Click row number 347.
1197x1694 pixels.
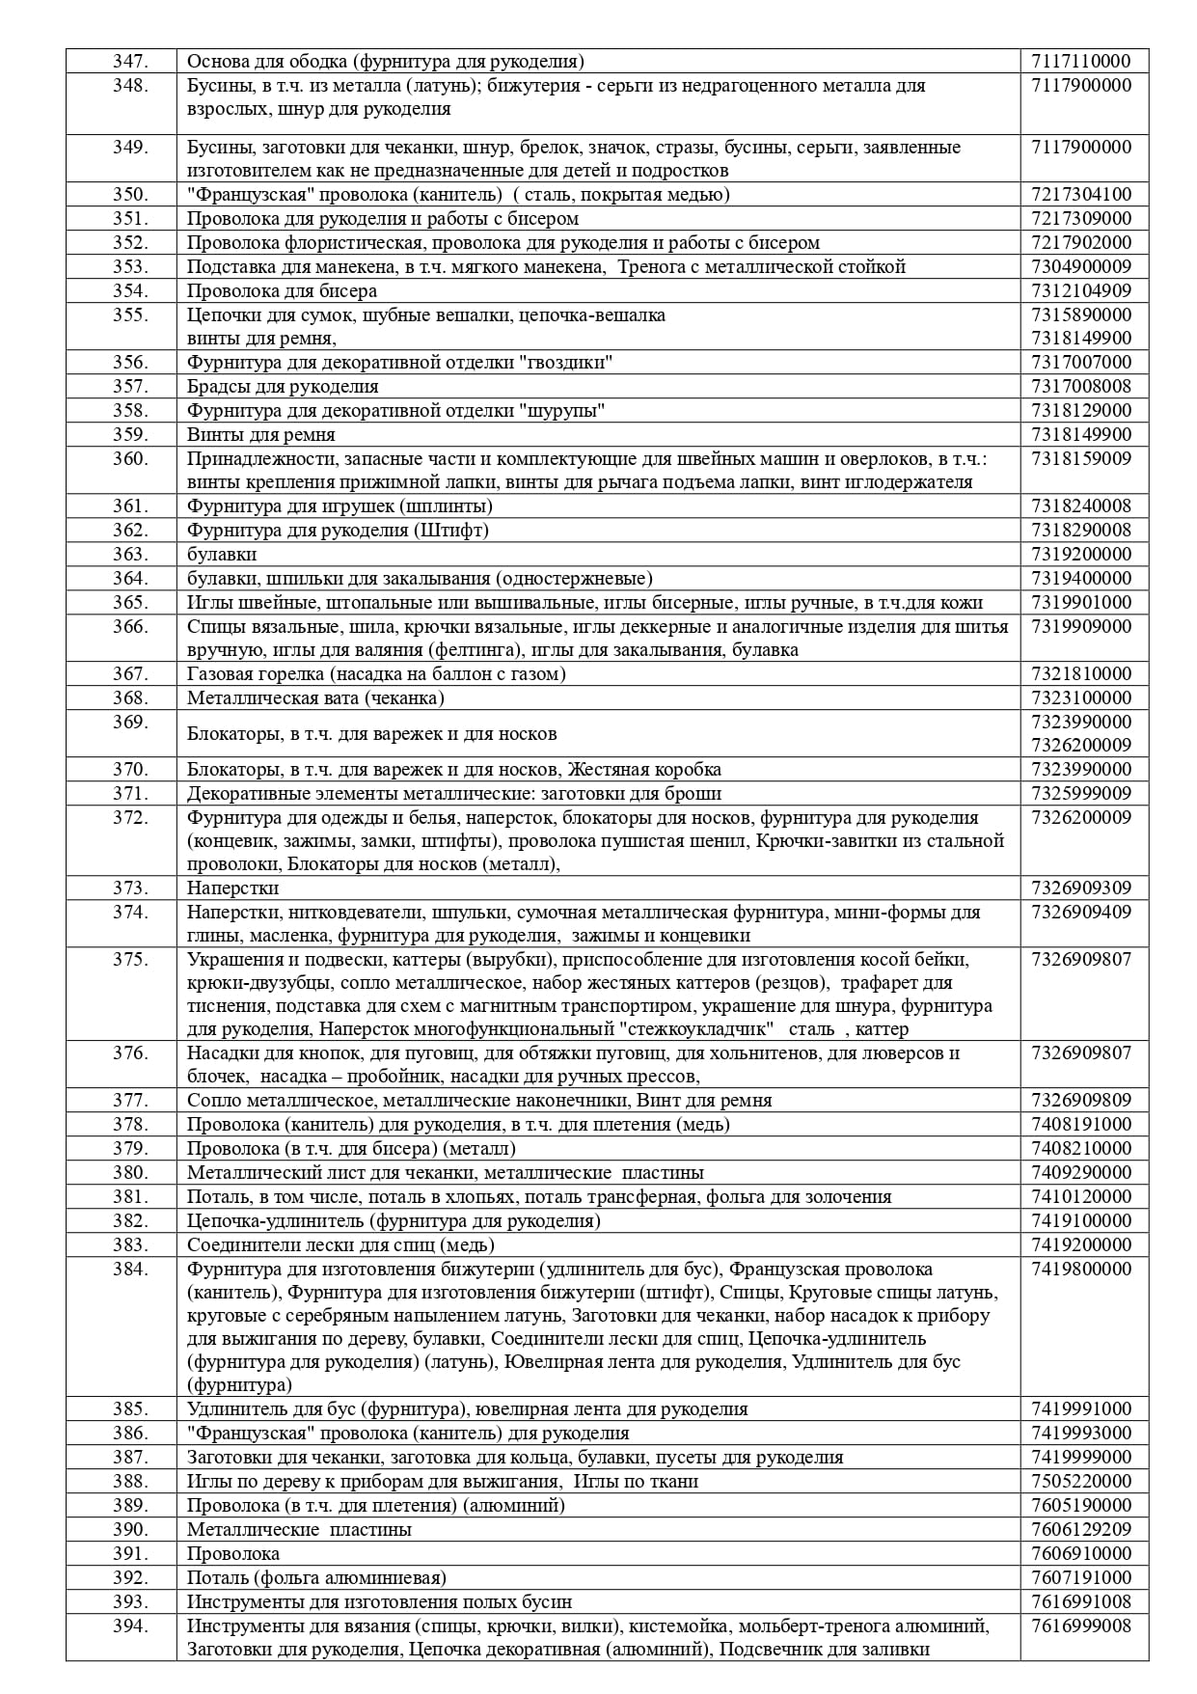click(x=130, y=62)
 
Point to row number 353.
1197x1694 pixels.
click(x=130, y=267)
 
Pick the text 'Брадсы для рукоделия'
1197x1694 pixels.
click(x=283, y=387)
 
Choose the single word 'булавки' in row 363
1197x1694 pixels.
click(x=222, y=555)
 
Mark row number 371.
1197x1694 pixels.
click(x=130, y=794)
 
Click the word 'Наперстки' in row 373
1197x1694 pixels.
click(x=232, y=888)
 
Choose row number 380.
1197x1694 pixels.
click(x=130, y=1173)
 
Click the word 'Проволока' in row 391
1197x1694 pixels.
click(x=233, y=1554)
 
